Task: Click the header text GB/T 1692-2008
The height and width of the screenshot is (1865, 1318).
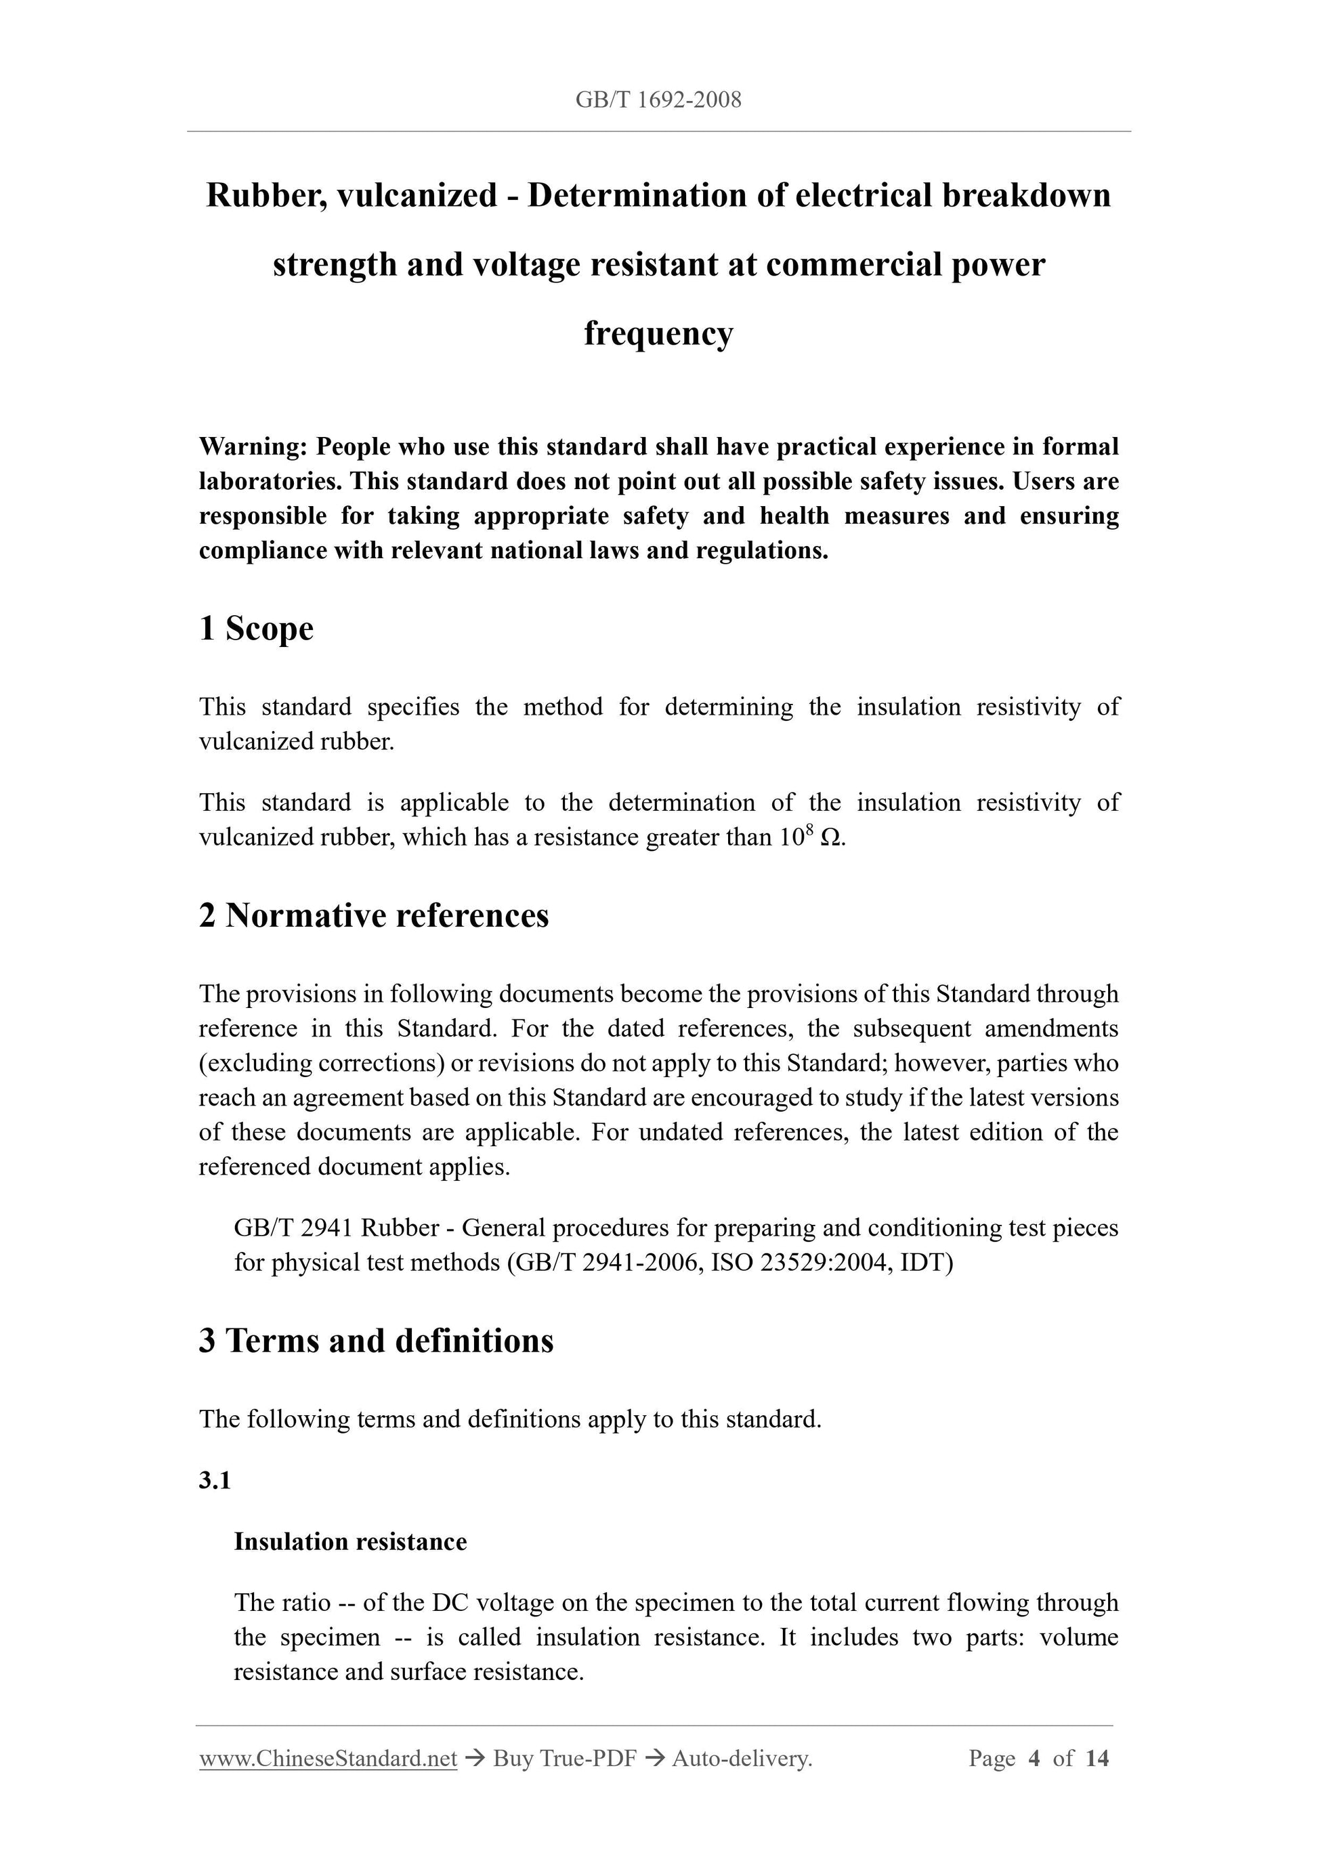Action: click(658, 100)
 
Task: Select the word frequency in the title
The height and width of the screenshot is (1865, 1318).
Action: click(658, 333)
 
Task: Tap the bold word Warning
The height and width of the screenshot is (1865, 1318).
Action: click(252, 446)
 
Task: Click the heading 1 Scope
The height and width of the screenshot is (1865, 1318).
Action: click(256, 629)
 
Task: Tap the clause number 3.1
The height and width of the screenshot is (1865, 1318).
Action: click(215, 1481)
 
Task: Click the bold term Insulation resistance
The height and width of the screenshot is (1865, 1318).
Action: click(350, 1543)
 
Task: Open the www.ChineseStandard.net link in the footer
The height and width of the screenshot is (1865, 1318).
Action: click(328, 1759)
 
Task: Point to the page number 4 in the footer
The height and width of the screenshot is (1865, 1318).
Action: click(1034, 1759)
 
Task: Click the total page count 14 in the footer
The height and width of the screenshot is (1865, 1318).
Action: click(1097, 1759)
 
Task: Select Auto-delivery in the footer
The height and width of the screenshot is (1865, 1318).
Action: click(742, 1759)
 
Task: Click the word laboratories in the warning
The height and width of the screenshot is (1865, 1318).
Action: click(270, 482)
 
